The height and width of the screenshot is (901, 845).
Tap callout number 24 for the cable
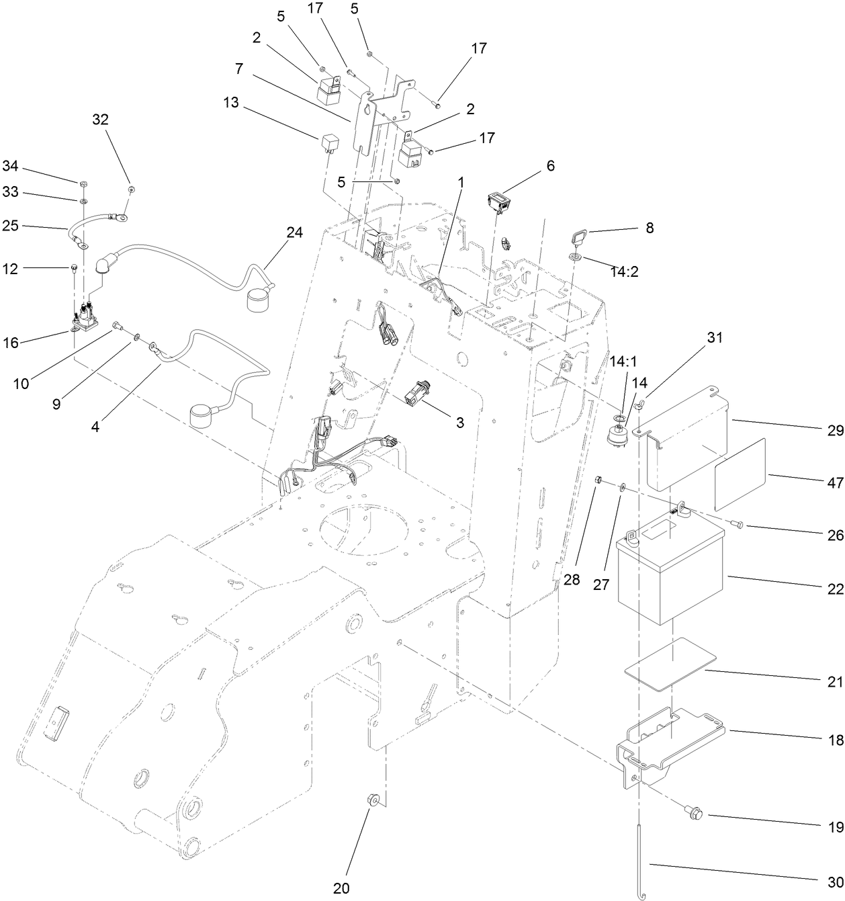tap(294, 232)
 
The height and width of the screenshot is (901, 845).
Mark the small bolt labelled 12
tap(72, 269)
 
